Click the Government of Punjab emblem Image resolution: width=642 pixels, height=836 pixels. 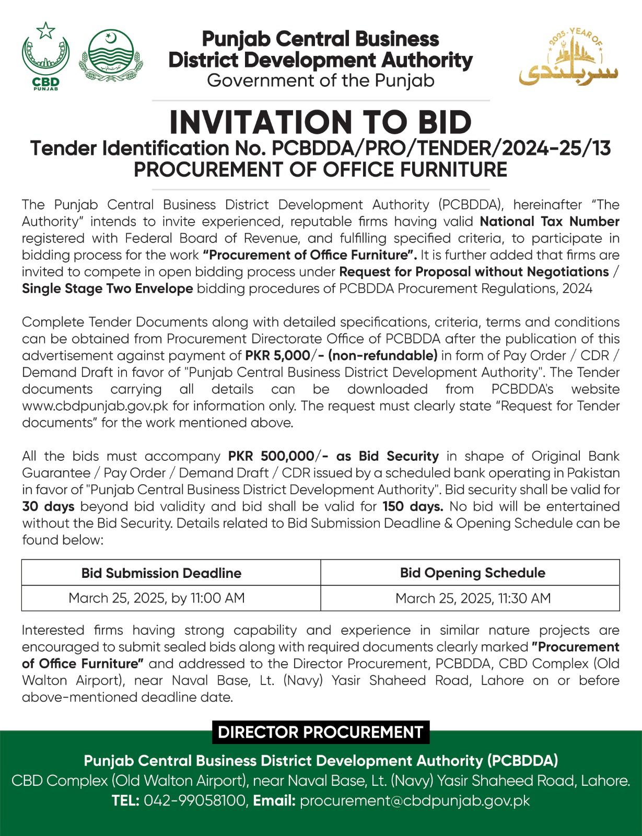[x=110, y=55]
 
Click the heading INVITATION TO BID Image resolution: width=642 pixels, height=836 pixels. [x=320, y=122]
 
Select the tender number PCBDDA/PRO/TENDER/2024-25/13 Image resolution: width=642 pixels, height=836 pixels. [x=441, y=148]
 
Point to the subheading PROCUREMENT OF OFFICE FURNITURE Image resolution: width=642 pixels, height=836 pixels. [x=320, y=170]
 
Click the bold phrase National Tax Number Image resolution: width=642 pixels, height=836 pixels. [x=550, y=222]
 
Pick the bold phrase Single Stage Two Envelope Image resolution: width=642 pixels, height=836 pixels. [x=107, y=288]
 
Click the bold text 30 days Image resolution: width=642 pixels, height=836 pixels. [x=48, y=506]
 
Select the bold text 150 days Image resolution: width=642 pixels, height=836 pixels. [x=413, y=506]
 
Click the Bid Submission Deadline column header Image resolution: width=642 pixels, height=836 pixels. [x=161, y=573]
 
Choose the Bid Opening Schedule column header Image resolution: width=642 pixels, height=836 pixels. [x=472, y=573]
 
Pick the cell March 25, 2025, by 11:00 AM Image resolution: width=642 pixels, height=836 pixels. [x=157, y=598]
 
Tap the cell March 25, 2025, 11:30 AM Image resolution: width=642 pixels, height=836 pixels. [x=473, y=598]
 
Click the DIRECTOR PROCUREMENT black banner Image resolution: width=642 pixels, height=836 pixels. [x=320, y=732]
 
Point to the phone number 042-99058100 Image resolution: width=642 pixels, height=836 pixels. [x=194, y=800]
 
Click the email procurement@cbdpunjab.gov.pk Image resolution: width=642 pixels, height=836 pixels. [x=415, y=800]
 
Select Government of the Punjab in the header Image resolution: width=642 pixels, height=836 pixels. [x=320, y=81]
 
